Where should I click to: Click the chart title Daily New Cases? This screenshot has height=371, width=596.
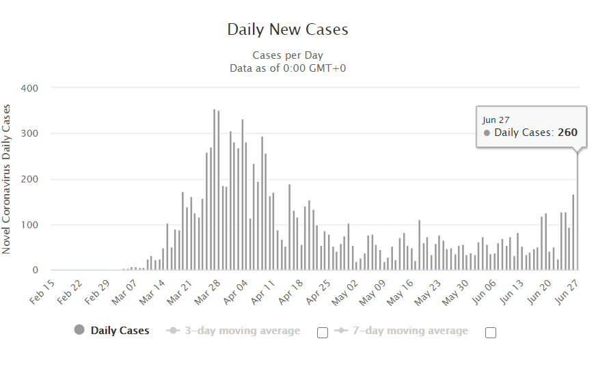[x=287, y=30]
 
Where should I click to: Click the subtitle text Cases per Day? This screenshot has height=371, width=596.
[x=287, y=55]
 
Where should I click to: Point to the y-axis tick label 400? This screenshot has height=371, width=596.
[x=29, y=88]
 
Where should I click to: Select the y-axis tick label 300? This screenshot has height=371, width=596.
[x=29, y=134]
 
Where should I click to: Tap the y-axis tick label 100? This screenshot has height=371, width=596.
[x=29, y=225]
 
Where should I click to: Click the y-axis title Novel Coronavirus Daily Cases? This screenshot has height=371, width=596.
[x=7, y=179]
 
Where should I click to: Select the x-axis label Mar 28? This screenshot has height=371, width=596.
[x=208, y=292]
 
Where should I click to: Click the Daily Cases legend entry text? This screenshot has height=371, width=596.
[x=120, y=331]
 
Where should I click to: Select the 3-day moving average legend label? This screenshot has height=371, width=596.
[x=243, y=331]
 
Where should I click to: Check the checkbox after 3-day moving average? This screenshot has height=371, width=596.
[x=323, y=333]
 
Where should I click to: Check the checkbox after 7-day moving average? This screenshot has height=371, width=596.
[x=490, y=333]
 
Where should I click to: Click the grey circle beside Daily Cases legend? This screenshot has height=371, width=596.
[x=79, y=331]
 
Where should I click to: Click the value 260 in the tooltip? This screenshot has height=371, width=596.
[x=567, y=133]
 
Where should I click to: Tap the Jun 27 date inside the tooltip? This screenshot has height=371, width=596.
[x=496, y=120]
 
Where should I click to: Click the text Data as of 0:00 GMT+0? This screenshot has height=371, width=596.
[x=287, y=68]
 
